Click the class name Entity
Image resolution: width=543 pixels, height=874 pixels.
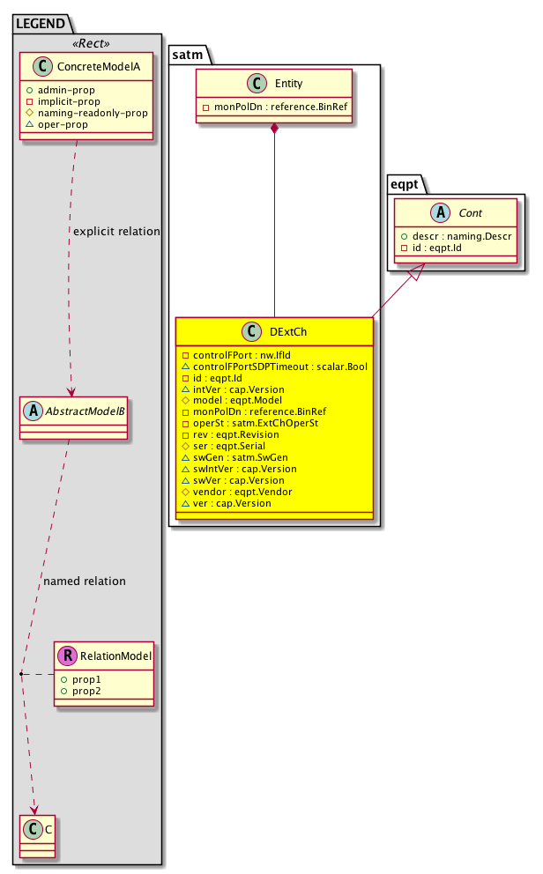(x=288, y=83)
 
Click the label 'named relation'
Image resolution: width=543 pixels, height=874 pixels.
(x=85, y=581)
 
